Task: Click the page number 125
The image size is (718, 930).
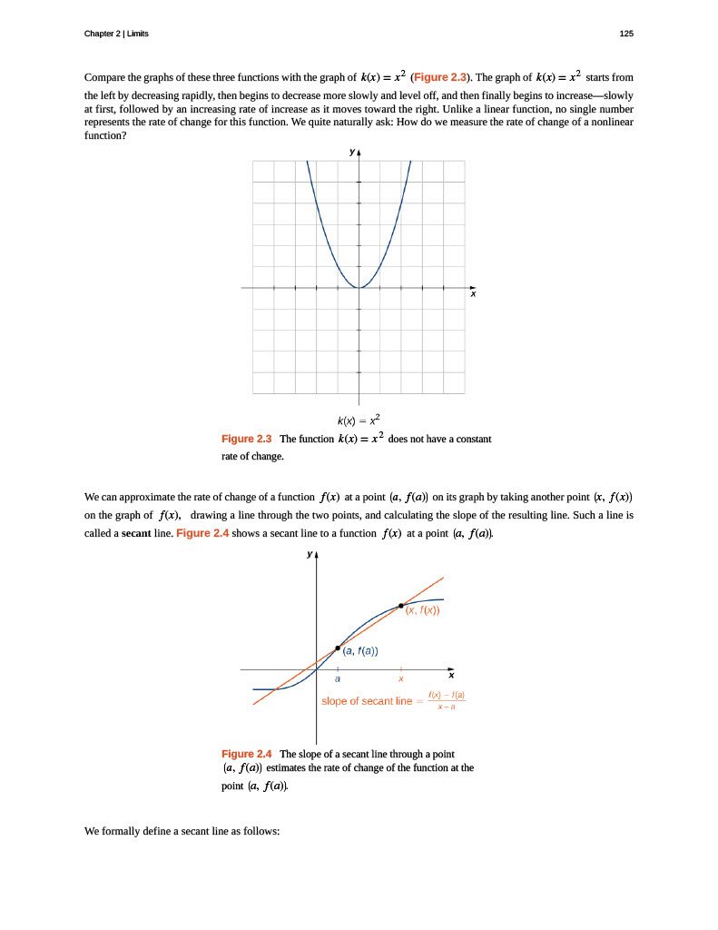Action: click(625, 34)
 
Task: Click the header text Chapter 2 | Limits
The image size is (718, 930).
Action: click(116, 34)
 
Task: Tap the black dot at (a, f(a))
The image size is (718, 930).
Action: click(338, 648)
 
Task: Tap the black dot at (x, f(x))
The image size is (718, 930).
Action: click(401, 605)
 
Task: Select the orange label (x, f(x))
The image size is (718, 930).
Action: click(422, 610)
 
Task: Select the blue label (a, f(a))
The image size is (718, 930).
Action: click(360, 650)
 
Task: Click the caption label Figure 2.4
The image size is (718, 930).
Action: click(247, 754)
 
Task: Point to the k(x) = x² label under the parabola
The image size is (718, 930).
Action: click(359, 420)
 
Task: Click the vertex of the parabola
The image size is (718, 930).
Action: click(359, 288)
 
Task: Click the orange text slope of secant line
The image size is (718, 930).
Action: click(367, 701)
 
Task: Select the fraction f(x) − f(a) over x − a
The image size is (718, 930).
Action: click(447, 700)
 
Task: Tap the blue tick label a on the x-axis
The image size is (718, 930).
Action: click(338, 679)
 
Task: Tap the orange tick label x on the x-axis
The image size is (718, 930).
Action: click(401, 679)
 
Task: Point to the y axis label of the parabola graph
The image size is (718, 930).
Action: click(351, 153)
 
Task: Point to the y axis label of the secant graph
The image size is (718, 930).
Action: click(309, 554)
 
